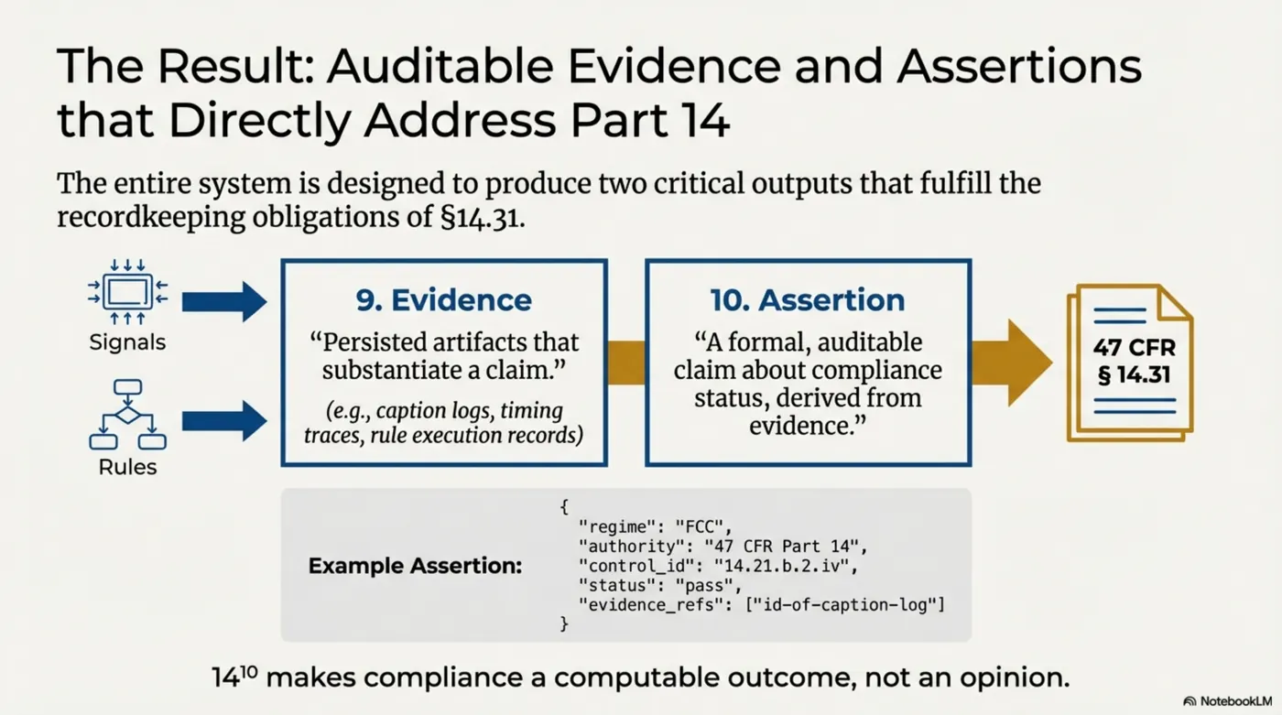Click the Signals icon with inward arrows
pyautogui.click(x=127, y=292)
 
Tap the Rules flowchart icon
pyautogui.click(x=127, y=414)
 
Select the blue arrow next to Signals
pyautogui.click(x=223, y=302)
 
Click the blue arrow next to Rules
pyautogui.click(x=223, y=421)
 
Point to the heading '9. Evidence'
pyautogui.click(x=443, y=299)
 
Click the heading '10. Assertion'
pyautogui.click(x=807, y=299)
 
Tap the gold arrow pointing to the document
pyautogui.click(x=1011, y=363)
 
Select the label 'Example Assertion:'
pyautogui.click(x=415, y=566)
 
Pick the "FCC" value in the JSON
pyautogui.click(x=705, y=526)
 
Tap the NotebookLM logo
pyautogui.click(x=1227, y=700)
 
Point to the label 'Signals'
pyautogui.click(x=127, y=343)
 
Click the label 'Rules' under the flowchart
pyautogui.click(x=127, y=467)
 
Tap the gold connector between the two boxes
pyautogui.click(x=626, y=363)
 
